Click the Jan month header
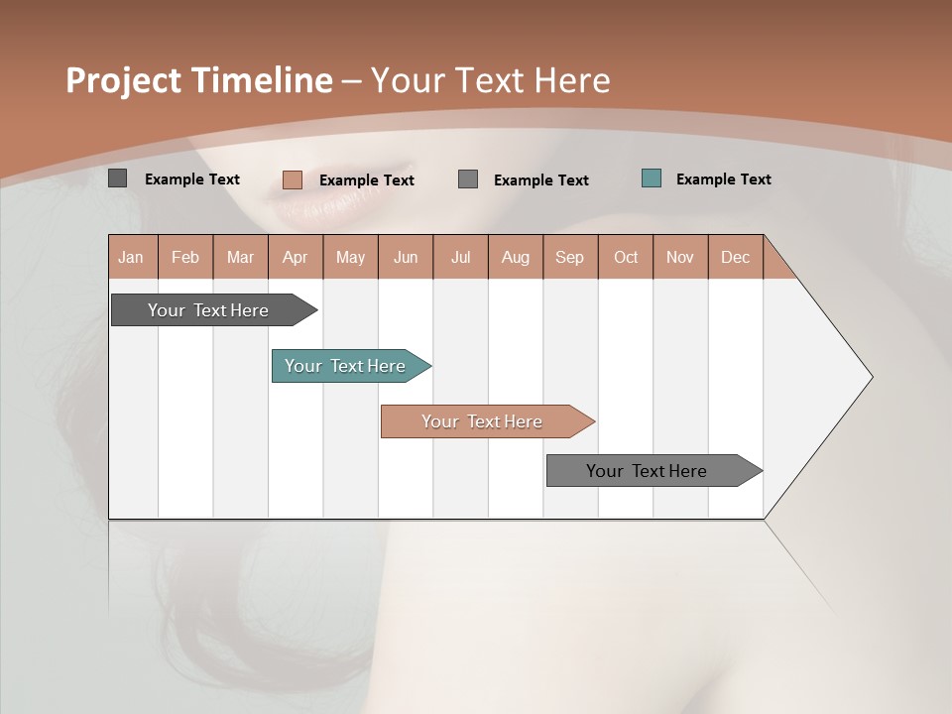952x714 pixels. [x=131, y=257]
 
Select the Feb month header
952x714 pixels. [x=185, y=257]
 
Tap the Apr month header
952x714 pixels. [x=295, y=257]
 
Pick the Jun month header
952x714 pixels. [x=406, y=257]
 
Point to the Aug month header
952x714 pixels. [x=515, y=257]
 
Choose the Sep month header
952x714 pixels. [x=569, y=257]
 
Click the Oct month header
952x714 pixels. [x=626, y=257]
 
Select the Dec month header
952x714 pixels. [x=735, y=257]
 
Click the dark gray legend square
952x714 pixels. [x=118, y=178]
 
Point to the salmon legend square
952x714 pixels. [x=293, y=179]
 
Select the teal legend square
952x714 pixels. [x=652, y=178]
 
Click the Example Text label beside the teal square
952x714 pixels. [x=723, y=179]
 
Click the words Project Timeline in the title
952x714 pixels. [x=198, y=80]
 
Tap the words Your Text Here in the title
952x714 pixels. [x=491, y=80]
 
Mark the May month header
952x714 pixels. [x=350, y=257]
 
